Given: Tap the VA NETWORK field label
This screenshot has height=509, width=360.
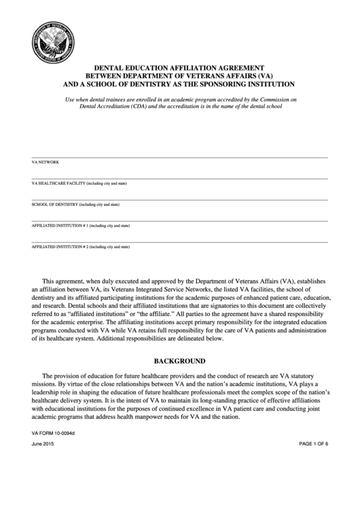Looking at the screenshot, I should coord(46,163).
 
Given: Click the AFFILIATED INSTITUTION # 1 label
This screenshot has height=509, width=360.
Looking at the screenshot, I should coord(81,226).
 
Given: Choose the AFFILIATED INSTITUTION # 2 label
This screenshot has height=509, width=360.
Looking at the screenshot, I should coord(81,247).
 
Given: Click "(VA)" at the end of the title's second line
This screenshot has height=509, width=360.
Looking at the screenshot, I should coord(265,77).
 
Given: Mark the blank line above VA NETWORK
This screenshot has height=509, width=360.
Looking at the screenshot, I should coord(179,158).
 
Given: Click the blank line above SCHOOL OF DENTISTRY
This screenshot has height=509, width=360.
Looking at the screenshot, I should coord(179,200).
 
